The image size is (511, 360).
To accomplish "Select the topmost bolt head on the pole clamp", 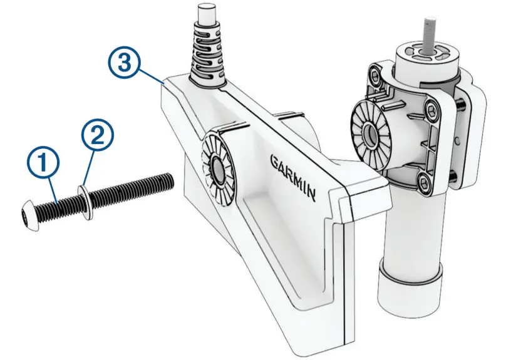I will [x=374, y=78].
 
